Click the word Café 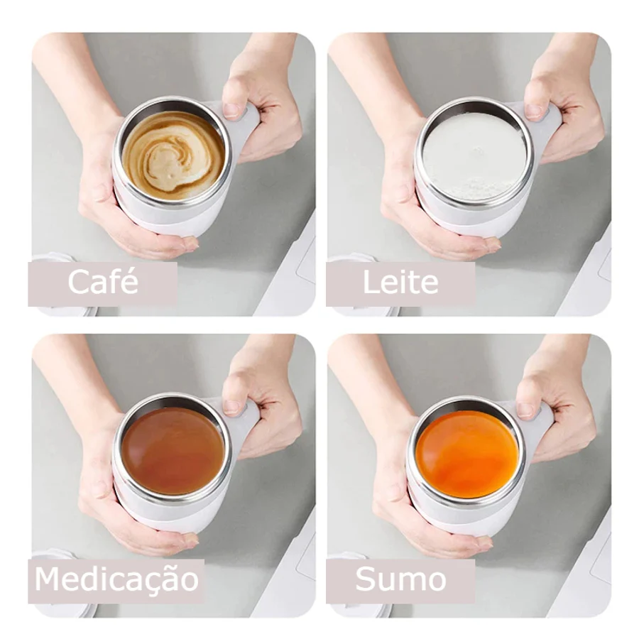103,280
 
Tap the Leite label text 400,282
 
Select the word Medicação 116,579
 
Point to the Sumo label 400,579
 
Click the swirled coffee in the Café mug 174,155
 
